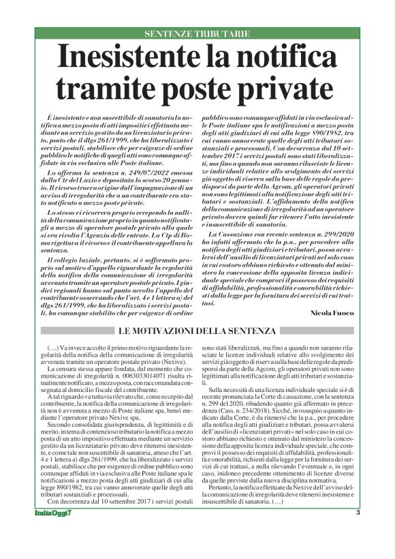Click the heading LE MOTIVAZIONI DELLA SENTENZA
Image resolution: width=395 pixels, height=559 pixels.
click(x=197, y=332)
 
